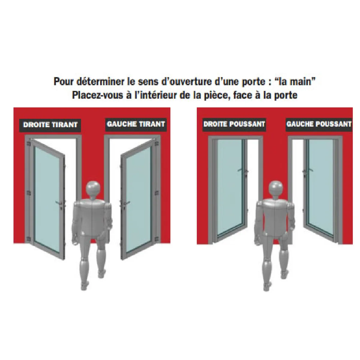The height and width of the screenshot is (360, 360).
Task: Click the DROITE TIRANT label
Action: (x=50, y=125)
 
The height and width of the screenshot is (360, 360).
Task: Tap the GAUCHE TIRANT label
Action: (x=136, y=124)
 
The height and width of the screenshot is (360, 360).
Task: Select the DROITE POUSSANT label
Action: (x=234, y=124)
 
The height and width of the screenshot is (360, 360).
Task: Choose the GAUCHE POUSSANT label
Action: (x=319, y=124)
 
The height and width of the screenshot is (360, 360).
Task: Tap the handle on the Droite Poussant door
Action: (x=242, y=171)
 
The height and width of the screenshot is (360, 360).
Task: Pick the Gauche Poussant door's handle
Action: (x=308, y=171)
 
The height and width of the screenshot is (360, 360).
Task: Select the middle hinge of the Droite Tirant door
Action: (x=29, y=193)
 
